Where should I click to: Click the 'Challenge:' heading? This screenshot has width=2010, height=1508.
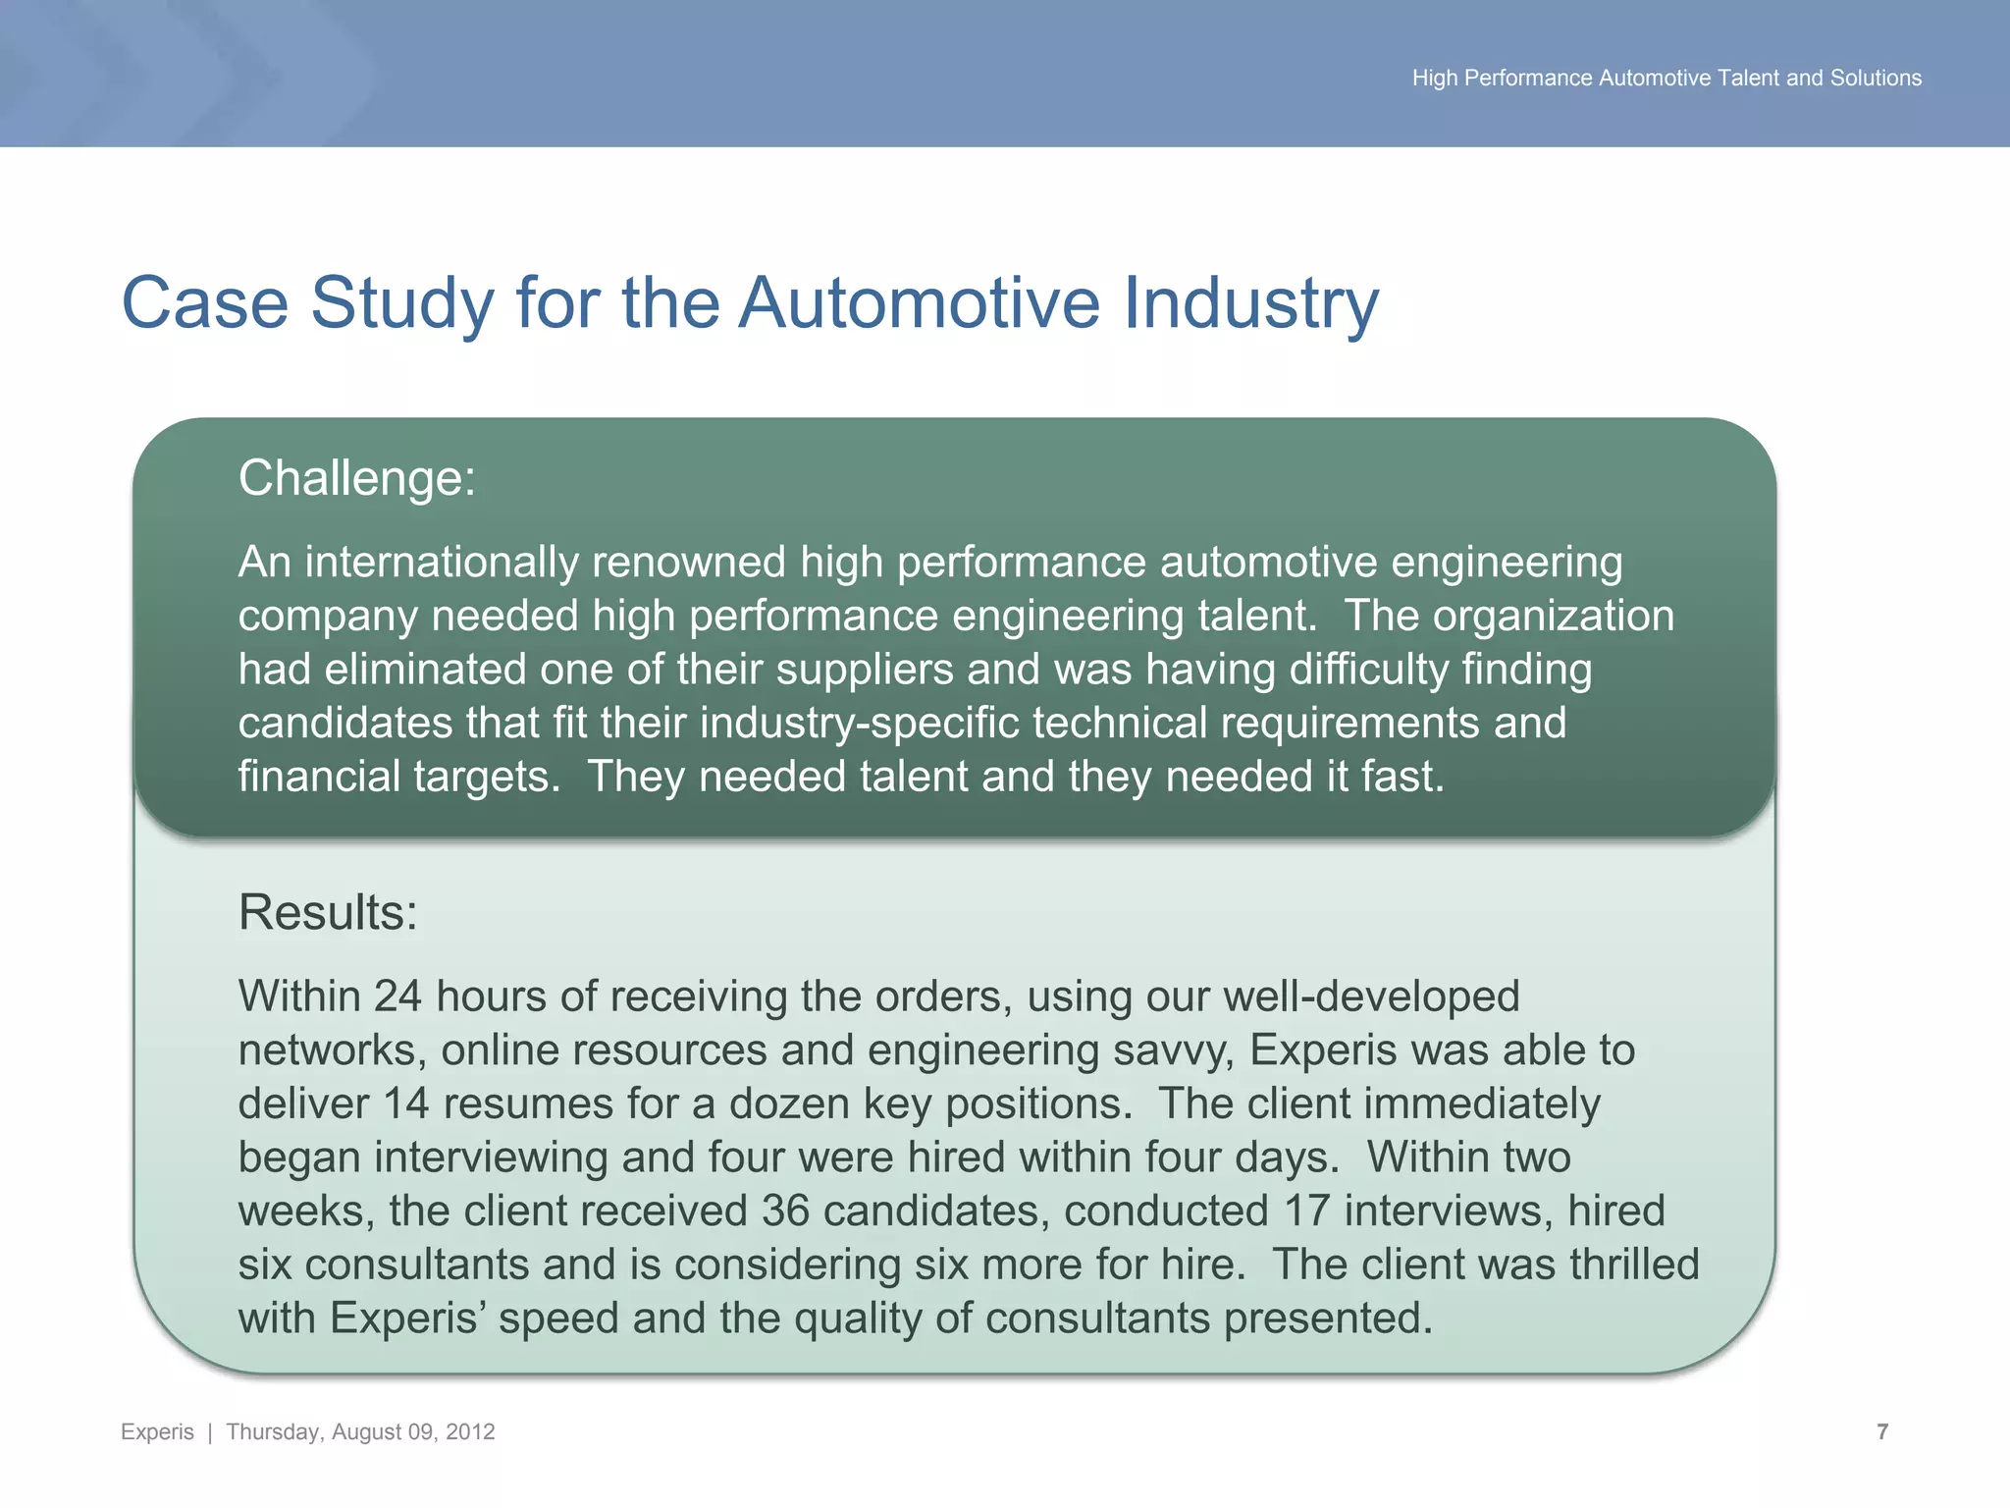[x=356, y=479]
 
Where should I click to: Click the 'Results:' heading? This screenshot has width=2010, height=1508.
[x=328, y=913]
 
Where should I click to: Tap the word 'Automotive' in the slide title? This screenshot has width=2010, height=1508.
[x=919, y=302]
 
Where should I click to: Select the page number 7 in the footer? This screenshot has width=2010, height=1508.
[x=1881, y=1431]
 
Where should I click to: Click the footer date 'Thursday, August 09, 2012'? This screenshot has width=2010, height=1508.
[x=360, y=1431]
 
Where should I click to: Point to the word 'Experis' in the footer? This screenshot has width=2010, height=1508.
[x=157, y=1431]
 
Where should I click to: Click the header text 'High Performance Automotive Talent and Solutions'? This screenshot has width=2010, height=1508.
[x=1666, y=78]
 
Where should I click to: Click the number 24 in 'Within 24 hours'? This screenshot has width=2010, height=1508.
[x=397, y=996]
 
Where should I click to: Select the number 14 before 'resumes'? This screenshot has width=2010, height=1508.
[x=405, y=1104]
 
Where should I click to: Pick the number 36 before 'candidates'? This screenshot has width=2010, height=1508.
[x=785, y=1211]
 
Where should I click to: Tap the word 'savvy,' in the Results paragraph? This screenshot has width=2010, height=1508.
[x=1174, y=1050]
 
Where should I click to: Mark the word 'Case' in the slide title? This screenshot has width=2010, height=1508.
[x=204, y=302]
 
